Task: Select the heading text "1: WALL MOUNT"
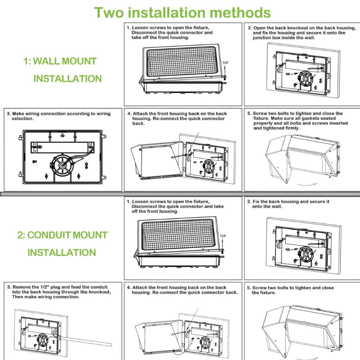[x=60, y=61]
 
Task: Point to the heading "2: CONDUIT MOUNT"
[x=62, y=235]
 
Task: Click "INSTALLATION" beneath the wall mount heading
[x=67, y=79]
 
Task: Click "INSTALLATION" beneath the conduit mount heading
[x=62, y=252]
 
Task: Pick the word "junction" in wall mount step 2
[x=263, y=38]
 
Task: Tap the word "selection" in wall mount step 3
[x=23, y=119]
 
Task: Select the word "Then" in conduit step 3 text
[x=18, y=297]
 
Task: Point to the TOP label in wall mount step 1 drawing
[x=225, y=63]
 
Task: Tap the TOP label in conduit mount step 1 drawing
[x=223, y=236]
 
